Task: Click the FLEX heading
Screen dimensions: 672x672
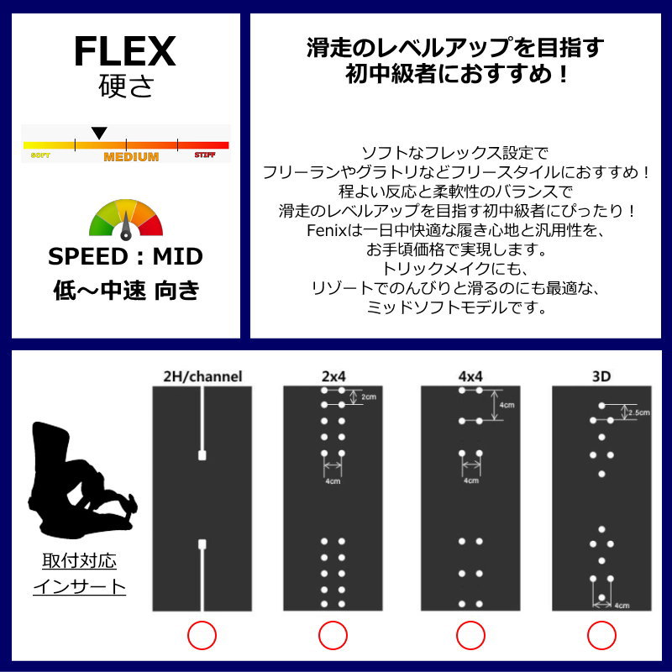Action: click(124, 51)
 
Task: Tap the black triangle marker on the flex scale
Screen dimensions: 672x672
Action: click(99, 133)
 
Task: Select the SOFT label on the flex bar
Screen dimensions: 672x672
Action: click(40, 156)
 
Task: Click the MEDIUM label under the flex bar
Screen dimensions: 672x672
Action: click(131, 157)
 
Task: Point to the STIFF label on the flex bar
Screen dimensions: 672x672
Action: click(204, 155)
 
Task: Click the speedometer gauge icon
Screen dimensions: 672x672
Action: click(126, 218)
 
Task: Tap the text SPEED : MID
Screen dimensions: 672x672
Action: click(125, 256)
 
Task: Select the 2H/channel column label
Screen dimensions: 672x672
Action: click(202, 376)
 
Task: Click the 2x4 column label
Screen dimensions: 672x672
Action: click(333, 376)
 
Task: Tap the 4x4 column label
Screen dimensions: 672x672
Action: click(468, 376)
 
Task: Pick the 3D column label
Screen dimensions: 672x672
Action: click(601, 376)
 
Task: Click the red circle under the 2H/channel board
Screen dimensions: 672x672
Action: click(202, 636)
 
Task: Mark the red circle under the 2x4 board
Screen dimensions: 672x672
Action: click(333, 636)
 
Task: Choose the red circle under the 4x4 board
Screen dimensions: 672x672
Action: click(469, 636)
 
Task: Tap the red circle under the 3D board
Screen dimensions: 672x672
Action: click(601, 636)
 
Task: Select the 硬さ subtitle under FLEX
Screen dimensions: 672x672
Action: click(125, 87)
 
